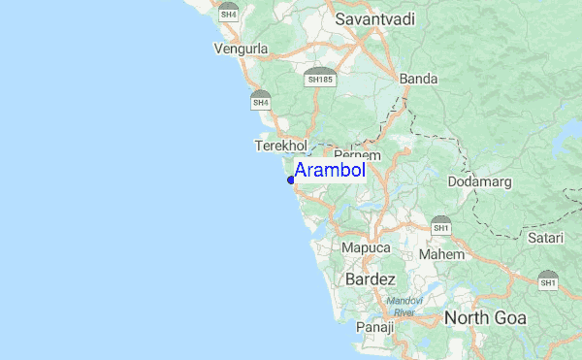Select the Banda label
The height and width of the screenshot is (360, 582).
[418, 79]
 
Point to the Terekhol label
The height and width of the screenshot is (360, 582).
[279, 146]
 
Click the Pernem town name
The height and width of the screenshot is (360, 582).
[357, 155]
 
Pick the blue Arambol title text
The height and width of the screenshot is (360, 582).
[330, 172]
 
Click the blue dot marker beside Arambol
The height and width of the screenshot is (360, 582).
[291, 180]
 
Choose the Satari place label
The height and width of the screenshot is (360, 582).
[545, 236]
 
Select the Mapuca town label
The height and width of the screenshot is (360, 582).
[366, 248]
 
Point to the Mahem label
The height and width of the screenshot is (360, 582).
[441, 254]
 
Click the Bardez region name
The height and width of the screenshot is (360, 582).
[371, 279]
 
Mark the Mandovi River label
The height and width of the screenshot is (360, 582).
[403, 307]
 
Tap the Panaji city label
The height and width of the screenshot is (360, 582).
[374, 327]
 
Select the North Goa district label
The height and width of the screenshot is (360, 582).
[485, 318]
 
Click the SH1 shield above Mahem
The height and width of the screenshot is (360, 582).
[441, 225]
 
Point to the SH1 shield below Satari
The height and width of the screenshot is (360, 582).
[547, 279]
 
